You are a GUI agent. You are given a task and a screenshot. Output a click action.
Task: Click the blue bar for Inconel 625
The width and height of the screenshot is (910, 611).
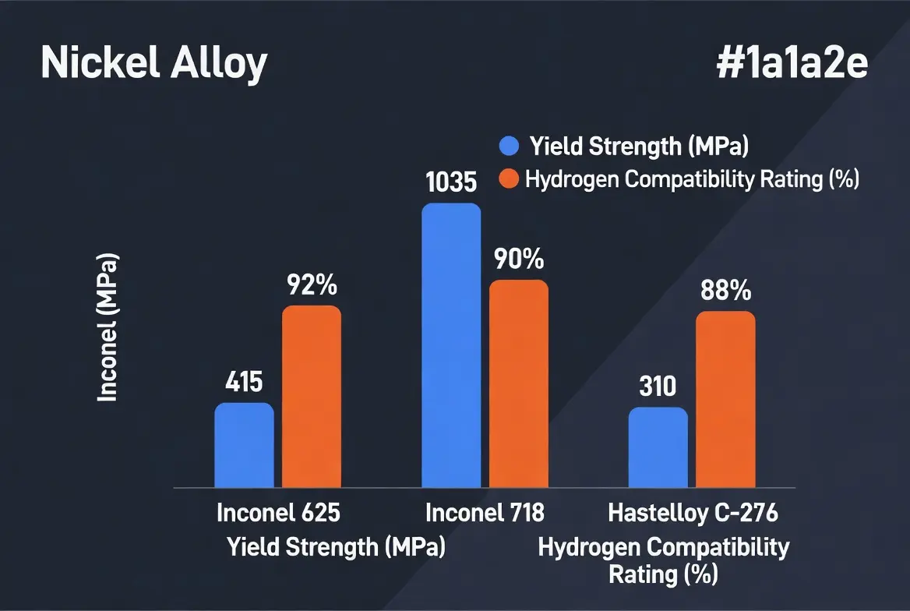pyautogui.click(x=244, y=445)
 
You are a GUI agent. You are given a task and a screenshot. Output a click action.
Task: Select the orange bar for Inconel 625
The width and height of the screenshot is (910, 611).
pyautogui.click(x=311, y=397)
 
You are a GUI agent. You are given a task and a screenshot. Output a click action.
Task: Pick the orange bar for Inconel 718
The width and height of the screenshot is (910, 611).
pyautogui.click(x=518, y=383)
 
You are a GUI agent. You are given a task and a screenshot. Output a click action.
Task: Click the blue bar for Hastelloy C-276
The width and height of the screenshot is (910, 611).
pyautogui.click(x=658, y=447)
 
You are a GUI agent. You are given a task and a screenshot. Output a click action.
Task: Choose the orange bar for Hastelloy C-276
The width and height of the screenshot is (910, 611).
pyautogui.click(x=725, y=399)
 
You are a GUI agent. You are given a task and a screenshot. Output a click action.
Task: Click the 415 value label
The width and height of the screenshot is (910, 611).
pyautogui.click(x=244, y=383)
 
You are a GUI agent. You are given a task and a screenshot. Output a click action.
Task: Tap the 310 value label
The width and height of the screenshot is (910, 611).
pyautogui.click(x=658, y=387)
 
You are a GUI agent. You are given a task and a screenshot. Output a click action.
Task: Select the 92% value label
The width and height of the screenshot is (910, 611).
pyautogui.click(x=311, y=285)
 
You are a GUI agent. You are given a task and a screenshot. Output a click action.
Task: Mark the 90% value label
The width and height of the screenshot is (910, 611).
pyautogui.click(x=518, y=260)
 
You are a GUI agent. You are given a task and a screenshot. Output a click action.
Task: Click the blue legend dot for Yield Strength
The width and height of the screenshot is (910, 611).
pyautogui.click(x=509, y=146)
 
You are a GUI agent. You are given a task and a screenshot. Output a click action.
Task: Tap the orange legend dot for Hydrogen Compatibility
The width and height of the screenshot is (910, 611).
pyautogui.click(x=509, y=179)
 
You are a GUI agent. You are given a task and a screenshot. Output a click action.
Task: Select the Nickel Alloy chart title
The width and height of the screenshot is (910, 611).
pyautogui.click(x=153, y=63)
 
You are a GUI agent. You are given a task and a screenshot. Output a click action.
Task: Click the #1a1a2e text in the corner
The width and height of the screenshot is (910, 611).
pyautogui.click(x=792, y=65)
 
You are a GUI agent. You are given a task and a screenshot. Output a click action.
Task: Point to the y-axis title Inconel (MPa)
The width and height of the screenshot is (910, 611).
pyautogui.click(x=108, y=327)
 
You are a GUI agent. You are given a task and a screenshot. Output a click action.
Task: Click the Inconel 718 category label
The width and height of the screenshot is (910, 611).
pyautogui.click(x=485, y=514)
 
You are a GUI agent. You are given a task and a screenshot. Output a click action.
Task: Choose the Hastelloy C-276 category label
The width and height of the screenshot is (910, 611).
pyautogui.click(x=693, y=514)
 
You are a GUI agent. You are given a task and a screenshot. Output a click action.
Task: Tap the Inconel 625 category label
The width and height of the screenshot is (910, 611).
pyautogui.click(x=278, y=514)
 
